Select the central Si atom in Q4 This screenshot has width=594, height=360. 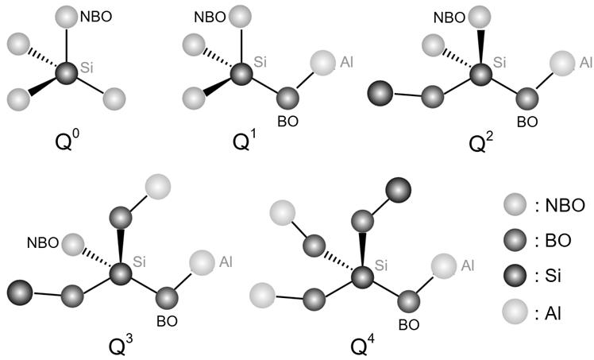363,277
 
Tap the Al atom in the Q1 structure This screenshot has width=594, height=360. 322,62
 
